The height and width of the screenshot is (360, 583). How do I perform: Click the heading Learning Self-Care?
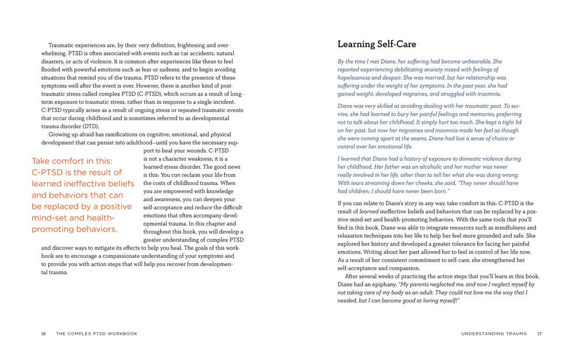377,44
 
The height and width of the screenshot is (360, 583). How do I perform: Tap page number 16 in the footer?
44,334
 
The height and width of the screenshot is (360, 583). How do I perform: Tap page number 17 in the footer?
539,334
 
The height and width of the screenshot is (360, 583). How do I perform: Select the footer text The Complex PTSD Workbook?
97,334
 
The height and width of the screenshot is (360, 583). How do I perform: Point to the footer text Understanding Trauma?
494,334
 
